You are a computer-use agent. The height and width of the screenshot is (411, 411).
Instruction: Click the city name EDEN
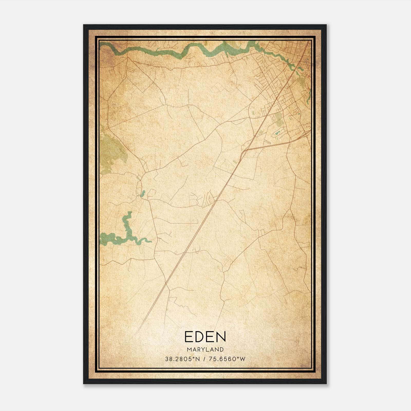tap(205, 337)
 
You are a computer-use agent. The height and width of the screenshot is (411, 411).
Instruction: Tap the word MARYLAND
tap(205, 350)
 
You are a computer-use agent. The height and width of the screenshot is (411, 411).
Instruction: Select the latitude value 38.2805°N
tap(182, 359)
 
